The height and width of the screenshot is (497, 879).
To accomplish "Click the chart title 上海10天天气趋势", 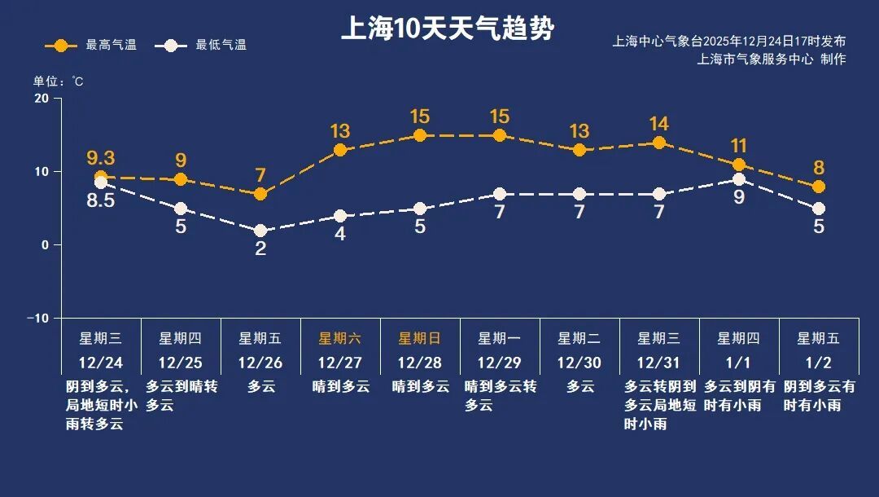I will coord(447,29).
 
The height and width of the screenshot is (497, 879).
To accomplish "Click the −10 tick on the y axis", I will coord(38,318).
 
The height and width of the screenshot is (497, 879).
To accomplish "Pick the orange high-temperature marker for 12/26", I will coord(260,194).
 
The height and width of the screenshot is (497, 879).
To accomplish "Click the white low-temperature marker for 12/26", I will coord(260,231).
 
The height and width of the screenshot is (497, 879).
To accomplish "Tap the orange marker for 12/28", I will coord(420,135).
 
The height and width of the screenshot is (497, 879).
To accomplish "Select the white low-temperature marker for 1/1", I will coord(739,179).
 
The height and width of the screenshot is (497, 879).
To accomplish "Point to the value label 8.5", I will coord(101,200).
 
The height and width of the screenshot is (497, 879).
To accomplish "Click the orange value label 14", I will coord(659,124).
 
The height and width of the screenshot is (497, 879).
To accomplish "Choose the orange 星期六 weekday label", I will coord(340,338).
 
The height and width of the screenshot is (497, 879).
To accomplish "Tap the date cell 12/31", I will coord(659,363).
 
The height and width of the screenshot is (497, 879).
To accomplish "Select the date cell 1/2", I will coord(819,363).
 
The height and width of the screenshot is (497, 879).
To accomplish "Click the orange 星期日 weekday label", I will coord(420,338).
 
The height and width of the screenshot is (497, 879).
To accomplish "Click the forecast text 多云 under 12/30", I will coord(579,387).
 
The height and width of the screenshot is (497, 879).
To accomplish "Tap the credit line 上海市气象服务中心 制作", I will coord(771,59).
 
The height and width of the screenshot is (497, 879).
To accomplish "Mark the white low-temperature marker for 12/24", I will coord(101,183).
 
